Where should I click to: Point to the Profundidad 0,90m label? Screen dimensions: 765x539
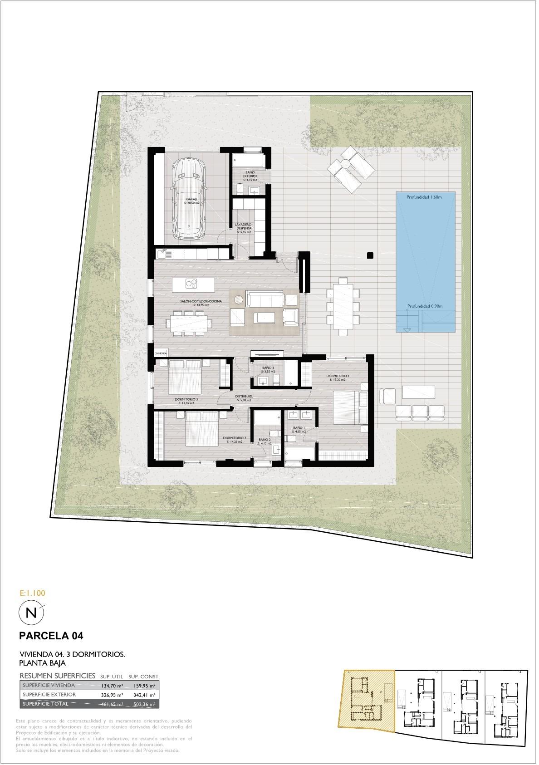(425, 306)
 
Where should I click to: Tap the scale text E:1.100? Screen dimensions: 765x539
(33, 593)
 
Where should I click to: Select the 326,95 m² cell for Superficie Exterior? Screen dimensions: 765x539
(112, 695)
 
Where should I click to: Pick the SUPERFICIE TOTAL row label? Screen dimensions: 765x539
(45, 704)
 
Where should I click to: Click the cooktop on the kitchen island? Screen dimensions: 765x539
(192, 284)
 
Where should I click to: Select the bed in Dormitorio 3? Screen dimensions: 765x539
(185, 376)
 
